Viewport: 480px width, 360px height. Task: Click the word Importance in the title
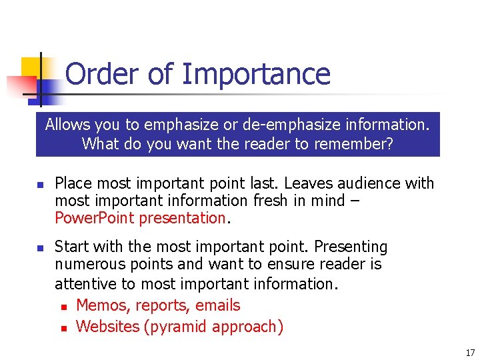pyautogui.click(x=255, y=74)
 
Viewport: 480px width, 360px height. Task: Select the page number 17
pyautogui.click(x=470, y=353)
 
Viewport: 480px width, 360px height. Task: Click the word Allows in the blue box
pyautogui.click(x=67, y=125)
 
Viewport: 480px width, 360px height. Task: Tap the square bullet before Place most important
pyautogui.click(x=40, y=185)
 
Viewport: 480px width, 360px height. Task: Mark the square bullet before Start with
pyautogui.click(x=40, y=248)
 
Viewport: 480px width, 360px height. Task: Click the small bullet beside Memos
pyautogui.click(x=63, y=307)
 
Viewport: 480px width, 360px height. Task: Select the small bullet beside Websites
pyautogui.click(x=63, y=328)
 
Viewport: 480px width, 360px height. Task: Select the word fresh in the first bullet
pyautogui.click(x=281, y=201)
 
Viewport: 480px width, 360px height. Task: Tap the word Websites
pyautogui.click(x=108, y=327)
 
